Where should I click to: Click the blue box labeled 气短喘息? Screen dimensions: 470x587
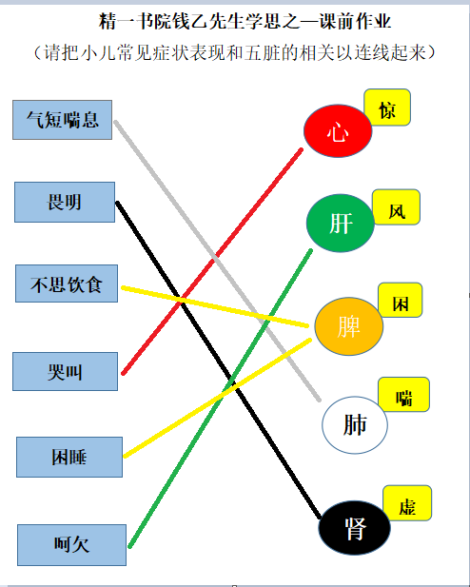[62, 120]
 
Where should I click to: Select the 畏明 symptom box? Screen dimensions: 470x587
[65, 202]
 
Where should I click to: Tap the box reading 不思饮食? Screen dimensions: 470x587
[67, 284]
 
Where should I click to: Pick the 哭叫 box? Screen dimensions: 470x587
[65, 371]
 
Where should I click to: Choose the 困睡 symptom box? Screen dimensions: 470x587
[69, 457]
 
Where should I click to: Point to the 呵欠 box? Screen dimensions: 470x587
[71, 545]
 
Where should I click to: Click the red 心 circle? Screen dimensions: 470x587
[338, 130]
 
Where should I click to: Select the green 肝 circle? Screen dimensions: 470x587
[341, 224]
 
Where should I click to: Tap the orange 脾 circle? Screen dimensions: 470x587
[348, 326]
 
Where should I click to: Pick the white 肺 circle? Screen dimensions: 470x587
[355, 425]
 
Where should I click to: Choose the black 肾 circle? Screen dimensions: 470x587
[354, 527]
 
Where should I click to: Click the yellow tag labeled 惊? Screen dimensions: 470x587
[387, 108]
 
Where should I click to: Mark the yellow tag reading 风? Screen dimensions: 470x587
[396, 207]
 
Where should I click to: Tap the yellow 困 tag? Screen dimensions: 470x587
[401, 301]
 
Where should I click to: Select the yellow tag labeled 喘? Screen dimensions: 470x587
[403, 395]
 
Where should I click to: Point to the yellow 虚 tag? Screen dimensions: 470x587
[407, 503]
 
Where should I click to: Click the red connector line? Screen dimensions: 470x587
[212, 262]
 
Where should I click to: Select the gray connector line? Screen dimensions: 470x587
[217, 261]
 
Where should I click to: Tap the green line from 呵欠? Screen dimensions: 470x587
[220, 399]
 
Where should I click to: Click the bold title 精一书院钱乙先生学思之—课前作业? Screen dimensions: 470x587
[245, 21]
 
